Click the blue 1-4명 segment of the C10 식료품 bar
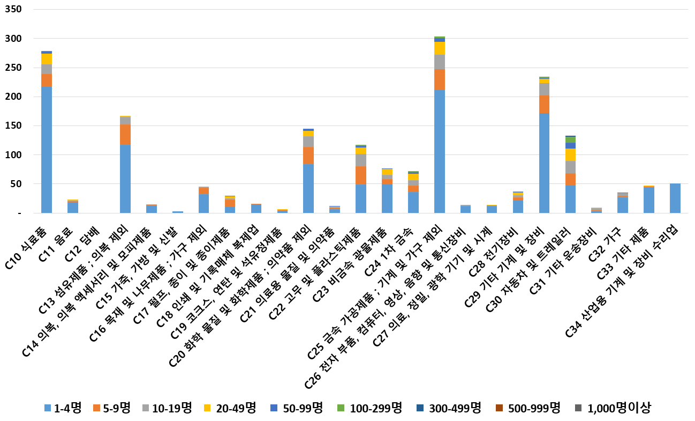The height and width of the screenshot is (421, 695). click(x=47, y=150)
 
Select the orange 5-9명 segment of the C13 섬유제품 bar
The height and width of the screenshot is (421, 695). click(x=125, y=135)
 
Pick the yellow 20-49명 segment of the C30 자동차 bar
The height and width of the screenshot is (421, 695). click(x=570, y=155)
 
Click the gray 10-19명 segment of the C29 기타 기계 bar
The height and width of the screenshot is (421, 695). click(x=544, y=90)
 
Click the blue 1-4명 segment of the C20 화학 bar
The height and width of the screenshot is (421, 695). click(x=308, y=188)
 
